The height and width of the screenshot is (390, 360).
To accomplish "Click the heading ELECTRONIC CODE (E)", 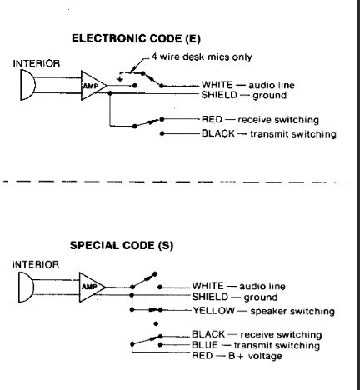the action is pos(136,38).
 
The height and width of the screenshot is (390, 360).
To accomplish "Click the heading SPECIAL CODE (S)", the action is pos(122,245).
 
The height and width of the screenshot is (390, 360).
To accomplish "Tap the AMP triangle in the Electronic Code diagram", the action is pos(93,86).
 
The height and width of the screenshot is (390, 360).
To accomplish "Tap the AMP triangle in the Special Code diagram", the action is pos(92,287).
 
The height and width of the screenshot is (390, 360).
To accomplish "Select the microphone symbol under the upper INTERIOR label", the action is pos(27,85).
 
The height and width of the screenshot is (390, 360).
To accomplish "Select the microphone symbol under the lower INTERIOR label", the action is pos(26,287).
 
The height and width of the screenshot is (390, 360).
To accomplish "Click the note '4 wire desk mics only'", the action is pos(202,57).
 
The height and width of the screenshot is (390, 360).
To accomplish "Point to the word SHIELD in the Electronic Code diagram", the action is pos(219,95).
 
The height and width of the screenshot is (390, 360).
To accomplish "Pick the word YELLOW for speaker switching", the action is pos(213,311).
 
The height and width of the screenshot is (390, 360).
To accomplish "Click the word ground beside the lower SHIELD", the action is pos(260,297).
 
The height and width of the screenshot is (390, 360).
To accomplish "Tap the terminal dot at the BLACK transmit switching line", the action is pos(162,133).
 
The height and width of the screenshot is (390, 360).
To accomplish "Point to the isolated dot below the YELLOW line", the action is pos(156,323).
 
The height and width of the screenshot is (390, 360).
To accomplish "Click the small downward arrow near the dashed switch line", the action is pos(120,79).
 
